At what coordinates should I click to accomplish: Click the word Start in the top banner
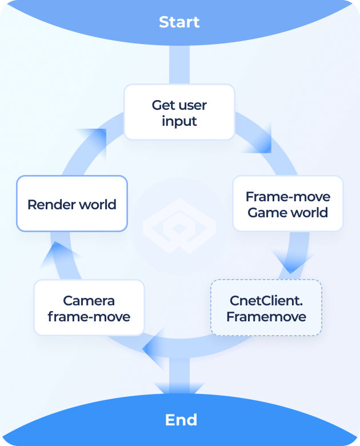[179, 22]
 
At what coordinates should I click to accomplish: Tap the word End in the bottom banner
[181, 420]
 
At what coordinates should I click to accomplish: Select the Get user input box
[179, 112]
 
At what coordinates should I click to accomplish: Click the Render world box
[72, 204]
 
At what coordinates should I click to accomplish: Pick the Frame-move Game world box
[288, 204]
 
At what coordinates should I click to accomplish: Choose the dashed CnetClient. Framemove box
[266, 308]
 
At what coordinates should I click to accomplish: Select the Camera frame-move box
[89, 308]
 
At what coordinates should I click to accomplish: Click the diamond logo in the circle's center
[179, 226]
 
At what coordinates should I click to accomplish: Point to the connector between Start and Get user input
[179, 65]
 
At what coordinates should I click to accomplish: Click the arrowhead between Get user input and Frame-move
[259, 140]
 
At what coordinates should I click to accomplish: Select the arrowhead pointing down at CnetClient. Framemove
[291, 263]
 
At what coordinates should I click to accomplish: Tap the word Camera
[89, 300]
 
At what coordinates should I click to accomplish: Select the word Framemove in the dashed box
[266, 317]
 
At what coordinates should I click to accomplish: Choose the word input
[179, 121]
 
